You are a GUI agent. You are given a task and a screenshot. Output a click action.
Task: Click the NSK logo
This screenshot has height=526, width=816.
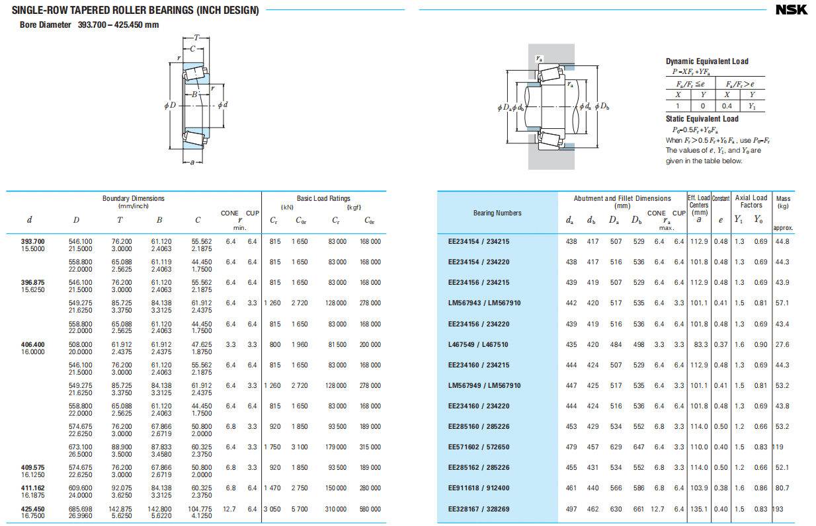pyautogui.click(x=792, y=9)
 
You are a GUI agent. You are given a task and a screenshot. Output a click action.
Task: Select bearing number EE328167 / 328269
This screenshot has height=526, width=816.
pyautogui.click(x=479, y=509)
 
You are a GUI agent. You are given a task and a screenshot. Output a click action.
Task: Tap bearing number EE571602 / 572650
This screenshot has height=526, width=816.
pyautogui.click(x=479, y=447)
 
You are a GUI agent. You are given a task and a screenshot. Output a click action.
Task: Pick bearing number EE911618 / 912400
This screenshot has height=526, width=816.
pyautogui.click(x=479, y=488)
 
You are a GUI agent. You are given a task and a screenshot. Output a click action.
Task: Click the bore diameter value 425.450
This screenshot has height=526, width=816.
pyautogui.click(x=33, y=509)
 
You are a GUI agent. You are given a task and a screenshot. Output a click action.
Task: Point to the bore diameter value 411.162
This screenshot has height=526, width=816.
pyautogui.click(x=33, y=488)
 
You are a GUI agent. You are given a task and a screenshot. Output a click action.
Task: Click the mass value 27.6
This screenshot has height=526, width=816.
pyautogui.click(x=782, y=344)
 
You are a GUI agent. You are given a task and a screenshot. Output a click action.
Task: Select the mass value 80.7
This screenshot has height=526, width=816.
pyautogui.click(x=782, y=488)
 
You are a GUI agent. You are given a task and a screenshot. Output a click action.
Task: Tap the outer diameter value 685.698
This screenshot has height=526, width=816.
pyautogui.click(x=81, y=509)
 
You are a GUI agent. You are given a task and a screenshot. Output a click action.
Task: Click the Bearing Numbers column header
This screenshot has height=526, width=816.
pyautogui.click(x=497, y=213)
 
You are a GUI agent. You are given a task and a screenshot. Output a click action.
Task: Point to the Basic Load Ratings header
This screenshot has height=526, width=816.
pyautogui.click(x=323, y=198)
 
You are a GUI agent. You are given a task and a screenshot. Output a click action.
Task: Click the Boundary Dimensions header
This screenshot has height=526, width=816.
pyautogui.click(x=134, y=198)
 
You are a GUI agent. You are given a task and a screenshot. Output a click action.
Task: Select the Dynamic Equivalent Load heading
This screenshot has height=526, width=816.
pyautogui.click(x=707, y=61)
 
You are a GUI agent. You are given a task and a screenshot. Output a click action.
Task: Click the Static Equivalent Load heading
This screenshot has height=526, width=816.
pyautogui.click(x=702, y=119)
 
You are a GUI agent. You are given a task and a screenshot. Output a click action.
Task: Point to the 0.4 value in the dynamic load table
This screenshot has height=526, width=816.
pyautogui.click(x=727, y=106)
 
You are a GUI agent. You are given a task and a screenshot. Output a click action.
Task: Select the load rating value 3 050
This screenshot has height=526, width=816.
pyautogui.click(x=272, y=509)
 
